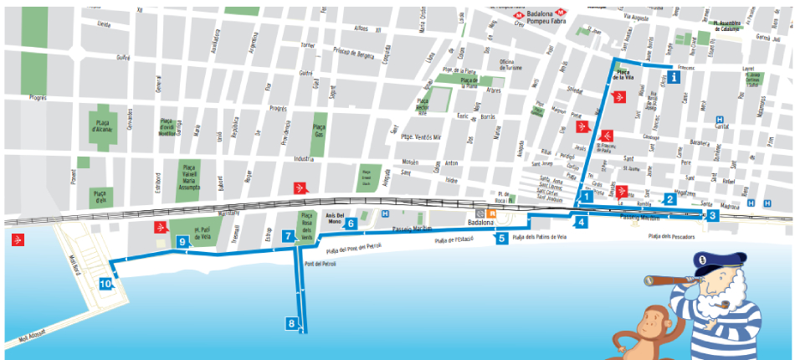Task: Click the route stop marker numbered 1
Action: [587, 196]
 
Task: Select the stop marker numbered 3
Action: [711, 215]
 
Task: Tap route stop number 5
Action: [500, 239]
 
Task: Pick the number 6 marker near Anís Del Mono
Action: [351, 224]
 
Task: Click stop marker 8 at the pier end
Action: [291, 323]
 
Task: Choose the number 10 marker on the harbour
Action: [105, 284]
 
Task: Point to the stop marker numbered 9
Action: [182, 242]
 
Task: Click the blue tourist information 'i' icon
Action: [674, 77]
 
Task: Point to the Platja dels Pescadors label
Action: [671, 237]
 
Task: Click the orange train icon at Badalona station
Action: [492, 213]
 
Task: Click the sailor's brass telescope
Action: [666, 284]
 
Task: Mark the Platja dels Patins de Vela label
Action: [540, 238]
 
